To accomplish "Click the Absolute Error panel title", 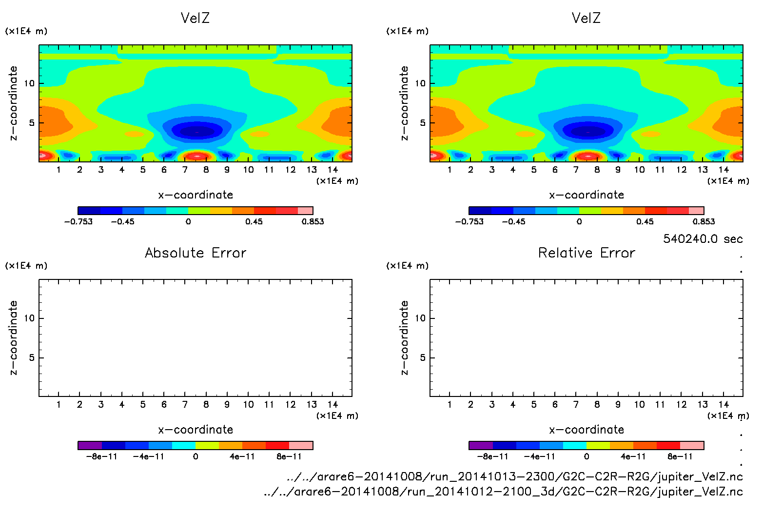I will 195,253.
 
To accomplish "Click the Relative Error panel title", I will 586,253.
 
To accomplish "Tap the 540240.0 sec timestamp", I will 703,239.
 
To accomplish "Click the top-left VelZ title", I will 195,18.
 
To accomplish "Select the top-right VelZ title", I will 586,18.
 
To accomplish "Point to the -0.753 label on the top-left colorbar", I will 78,221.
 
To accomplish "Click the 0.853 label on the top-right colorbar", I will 704,221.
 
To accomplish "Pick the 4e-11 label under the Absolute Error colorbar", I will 242,456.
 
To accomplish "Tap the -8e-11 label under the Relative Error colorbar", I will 492,456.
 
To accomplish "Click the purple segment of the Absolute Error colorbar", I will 90,445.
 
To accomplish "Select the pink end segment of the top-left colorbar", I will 305,211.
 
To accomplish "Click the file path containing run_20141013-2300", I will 514,476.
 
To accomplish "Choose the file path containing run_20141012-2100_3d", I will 503,492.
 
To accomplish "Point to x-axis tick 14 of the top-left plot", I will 332,170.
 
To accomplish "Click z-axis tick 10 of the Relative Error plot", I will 420,318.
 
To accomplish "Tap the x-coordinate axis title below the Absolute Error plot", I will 195,430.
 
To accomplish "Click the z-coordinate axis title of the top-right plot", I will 404,103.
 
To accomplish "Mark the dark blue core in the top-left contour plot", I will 197,131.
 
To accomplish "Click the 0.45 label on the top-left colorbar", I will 254,221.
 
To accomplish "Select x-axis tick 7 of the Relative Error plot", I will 576,404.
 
